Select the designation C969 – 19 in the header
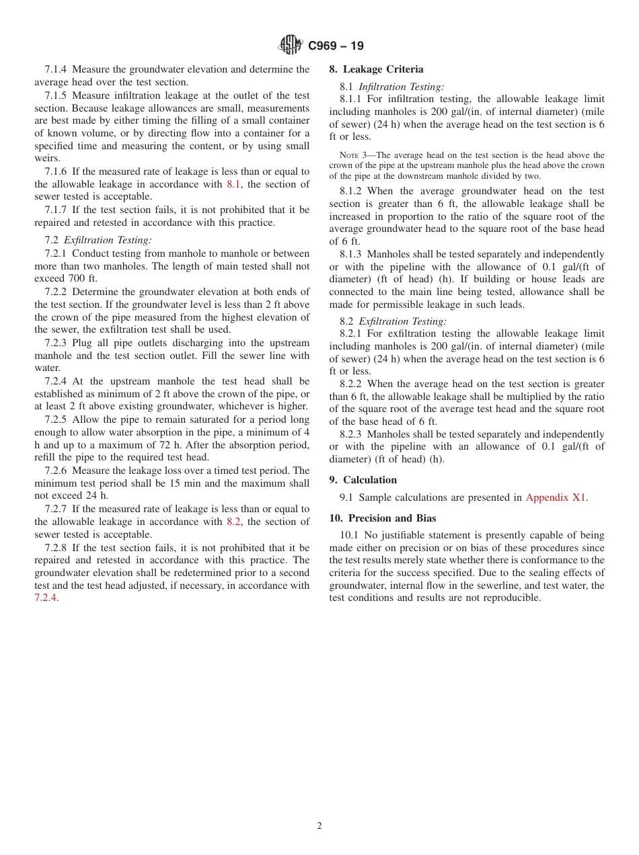336,46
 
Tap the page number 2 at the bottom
319,826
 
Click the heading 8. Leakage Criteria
376,69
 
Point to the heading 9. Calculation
363,480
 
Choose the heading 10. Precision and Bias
382,518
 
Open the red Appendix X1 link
556,497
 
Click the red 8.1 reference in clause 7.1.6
233,184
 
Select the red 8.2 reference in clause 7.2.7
233,522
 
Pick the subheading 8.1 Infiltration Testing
391,86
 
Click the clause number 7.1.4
57,69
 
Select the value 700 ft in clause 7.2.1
85,278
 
